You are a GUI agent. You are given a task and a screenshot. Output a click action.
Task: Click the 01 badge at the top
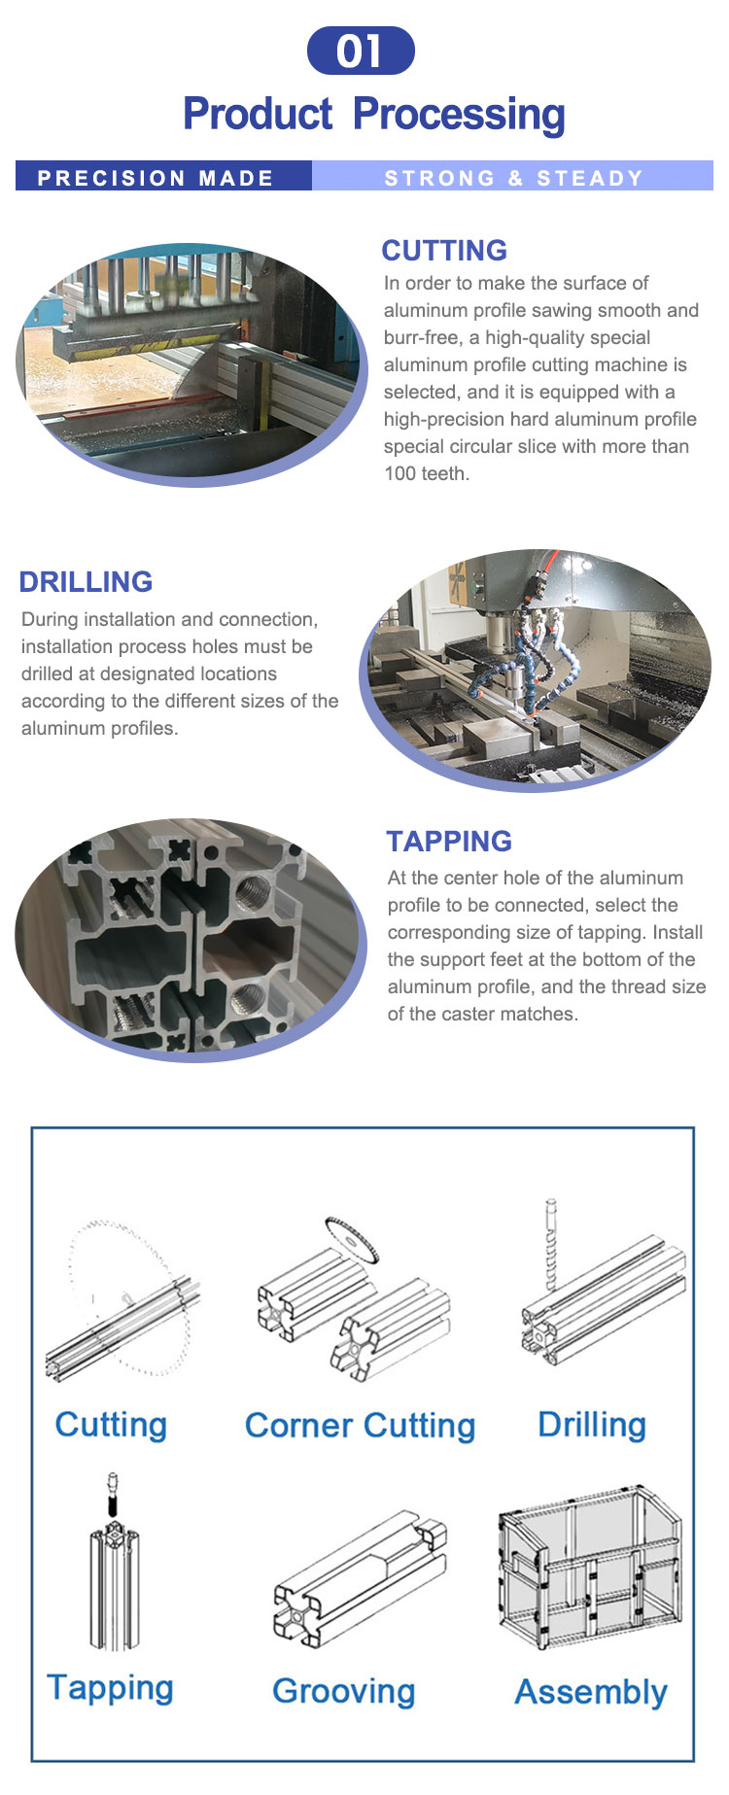click(x=361, y=51)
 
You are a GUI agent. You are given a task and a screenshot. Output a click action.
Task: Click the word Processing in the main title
click(x=459, y=115)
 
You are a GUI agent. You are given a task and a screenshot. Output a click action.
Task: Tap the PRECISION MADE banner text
click(x=156, y=178)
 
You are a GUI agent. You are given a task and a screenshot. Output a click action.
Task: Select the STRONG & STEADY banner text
click(x=514, y=178)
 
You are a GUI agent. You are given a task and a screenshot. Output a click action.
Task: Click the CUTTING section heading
click(x=444, y=250)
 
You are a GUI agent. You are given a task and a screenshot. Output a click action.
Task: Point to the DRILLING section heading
click(x=86, y=581)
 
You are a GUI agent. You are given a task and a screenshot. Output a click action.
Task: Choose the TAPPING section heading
click(x=449, y=841)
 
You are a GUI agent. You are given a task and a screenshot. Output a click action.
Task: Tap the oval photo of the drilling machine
click(x=536, y=671)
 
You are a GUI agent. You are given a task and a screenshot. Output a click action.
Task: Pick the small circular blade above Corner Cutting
click(x=352, y=1240)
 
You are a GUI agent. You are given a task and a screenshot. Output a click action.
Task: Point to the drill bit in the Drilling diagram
click(x=551, y=1245)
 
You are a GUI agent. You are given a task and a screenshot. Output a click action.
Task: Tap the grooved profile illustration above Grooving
click(x=360, y=1579)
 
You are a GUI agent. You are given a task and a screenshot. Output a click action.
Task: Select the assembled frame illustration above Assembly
click(x=590, y=1566)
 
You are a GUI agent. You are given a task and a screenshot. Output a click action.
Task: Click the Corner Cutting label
click(x=360, y=1426)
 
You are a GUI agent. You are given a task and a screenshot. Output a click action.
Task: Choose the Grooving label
click(x=344, y=1691)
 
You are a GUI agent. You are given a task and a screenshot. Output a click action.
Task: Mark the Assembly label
click(x=591, y=1692)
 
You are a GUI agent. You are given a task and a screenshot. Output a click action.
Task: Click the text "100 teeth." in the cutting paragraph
click(x=427, y=474)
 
